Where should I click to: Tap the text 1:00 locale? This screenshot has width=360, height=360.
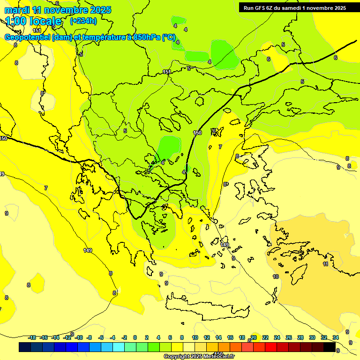33,21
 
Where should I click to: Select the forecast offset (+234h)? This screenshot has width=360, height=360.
83,21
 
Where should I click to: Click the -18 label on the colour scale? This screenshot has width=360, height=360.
32,337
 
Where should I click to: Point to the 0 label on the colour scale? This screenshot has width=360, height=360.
135,337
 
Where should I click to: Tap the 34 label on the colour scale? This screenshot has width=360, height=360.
336,337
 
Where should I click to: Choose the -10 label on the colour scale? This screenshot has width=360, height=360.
79,337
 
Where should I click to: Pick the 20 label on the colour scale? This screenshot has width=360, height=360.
254,337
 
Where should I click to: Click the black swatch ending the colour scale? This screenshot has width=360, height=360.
342,347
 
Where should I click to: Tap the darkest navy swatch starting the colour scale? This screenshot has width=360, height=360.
25,347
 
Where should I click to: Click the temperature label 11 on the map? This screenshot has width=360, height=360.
325,264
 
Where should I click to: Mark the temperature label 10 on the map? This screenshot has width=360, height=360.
276,277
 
